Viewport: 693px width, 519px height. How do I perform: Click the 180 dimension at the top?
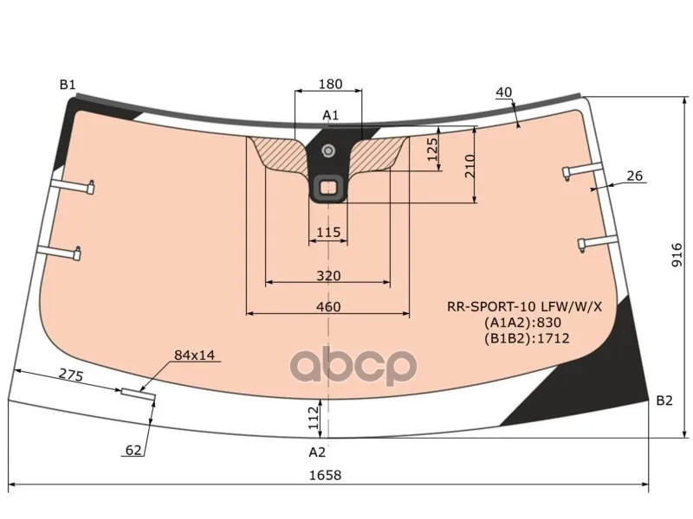click(x=330, y=84)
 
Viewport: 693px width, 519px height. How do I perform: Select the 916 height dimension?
click(x=677, y=255)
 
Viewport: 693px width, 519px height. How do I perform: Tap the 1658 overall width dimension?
click(x=326, y=475)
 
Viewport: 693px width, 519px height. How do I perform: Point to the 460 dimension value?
click(x=328, y=306)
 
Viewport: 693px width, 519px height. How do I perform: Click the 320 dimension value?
click(x=328, y=276)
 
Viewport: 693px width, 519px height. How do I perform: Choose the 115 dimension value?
click(x=328, y=232)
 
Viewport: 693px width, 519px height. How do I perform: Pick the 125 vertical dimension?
click(x=432, y=149)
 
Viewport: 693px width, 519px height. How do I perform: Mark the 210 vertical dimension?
click(x=470, y=166)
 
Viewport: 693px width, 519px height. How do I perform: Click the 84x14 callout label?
click(x=194, y=355)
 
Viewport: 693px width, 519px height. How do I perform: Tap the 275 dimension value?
click(x=71, y=375)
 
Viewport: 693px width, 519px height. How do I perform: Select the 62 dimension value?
click(x=133, y=450)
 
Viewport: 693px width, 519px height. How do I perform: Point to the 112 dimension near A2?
click(x=313, y=418)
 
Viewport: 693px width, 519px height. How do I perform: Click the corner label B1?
click(x=68, y=85)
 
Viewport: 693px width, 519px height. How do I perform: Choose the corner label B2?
click(x=664, y=400)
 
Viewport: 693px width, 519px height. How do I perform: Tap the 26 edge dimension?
click(x=635, y=176)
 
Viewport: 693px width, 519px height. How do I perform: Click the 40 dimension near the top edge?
click(x=504, y=93)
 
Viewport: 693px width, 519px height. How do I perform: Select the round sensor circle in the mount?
click(x=328, y=151)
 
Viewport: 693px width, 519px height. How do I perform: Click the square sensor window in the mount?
click(x=327, y=189)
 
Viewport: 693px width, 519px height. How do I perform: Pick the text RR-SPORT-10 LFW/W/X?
click(x=525, y=306)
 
